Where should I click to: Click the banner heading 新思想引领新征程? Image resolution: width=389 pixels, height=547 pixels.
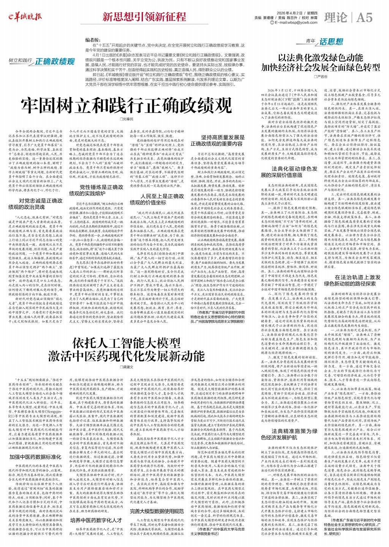tap(144, 17)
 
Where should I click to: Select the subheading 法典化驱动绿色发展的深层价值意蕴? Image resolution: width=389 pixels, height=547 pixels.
tap(289, 171)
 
